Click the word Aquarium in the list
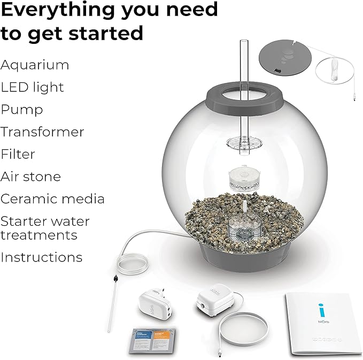(35, 65)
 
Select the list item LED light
(32, 87)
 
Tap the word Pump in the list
(22, 110)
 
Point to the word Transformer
(42, 132)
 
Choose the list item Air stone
(30, 177)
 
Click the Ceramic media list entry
(52, 199)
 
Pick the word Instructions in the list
(41, 257)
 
